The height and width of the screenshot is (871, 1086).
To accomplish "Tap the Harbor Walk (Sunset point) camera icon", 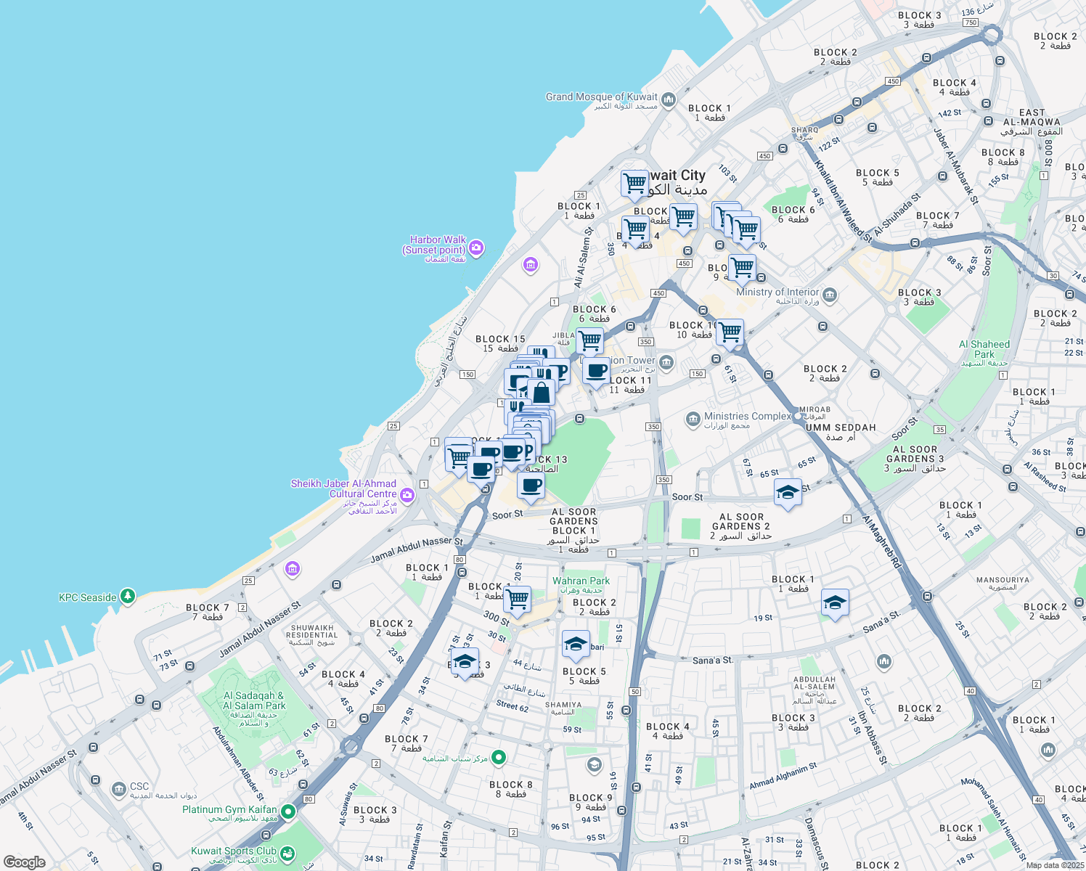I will click(476, 248).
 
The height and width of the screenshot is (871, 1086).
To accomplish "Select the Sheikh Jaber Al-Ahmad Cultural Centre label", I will click(343, 489).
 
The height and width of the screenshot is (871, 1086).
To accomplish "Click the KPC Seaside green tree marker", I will click(128, 596).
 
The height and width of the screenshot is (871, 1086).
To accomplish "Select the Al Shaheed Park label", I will click(984, 350).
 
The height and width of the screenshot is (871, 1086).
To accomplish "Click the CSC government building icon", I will click(118, 789).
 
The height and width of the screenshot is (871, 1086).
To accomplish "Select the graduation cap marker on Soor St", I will click(788, 493).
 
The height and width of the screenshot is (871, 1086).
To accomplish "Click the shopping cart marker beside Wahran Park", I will click(517, 600).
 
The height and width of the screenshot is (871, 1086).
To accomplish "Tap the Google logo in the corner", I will click(24, 862).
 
